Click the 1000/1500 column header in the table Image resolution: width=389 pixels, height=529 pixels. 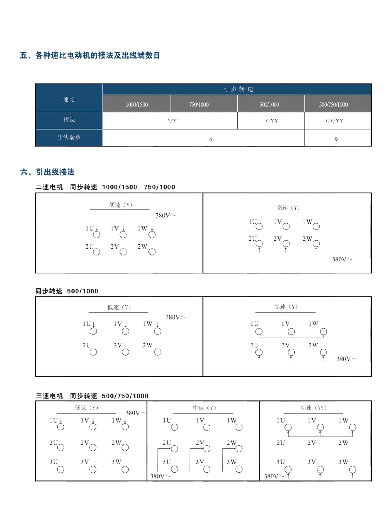pos(137,105)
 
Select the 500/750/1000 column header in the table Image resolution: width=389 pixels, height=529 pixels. pos(333,105)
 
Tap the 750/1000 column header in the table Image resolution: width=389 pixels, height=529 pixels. pos(199,105)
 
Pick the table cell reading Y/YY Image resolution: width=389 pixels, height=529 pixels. pos(271,121)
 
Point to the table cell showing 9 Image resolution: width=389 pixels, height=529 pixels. pos(336,139)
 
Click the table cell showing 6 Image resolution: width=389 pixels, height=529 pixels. pos(211,139)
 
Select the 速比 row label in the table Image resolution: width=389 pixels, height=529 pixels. pos(69,99)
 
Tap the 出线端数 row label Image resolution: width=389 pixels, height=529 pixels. pos(69,137)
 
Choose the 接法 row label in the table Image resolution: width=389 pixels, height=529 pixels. pos(69,119)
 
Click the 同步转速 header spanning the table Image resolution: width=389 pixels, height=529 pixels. pos(237,89)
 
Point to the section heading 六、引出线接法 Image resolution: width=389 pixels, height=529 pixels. pos(48,172)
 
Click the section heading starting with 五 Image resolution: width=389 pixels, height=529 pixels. pos(90,55)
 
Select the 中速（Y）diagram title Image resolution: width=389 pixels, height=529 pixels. pos(204,408)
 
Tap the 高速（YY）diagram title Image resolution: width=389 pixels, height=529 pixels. pos(313,408)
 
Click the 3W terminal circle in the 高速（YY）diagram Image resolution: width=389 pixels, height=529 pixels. pos(353,469)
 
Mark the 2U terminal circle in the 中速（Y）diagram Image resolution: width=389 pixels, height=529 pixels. pos(175,449)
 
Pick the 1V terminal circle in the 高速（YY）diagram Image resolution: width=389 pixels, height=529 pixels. pos(320,428)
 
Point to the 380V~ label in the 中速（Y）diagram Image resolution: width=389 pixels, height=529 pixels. pos(160,476)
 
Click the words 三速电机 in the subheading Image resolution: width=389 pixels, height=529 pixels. pos(49,396)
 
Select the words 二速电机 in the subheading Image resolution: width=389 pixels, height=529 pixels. pos(49,187)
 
